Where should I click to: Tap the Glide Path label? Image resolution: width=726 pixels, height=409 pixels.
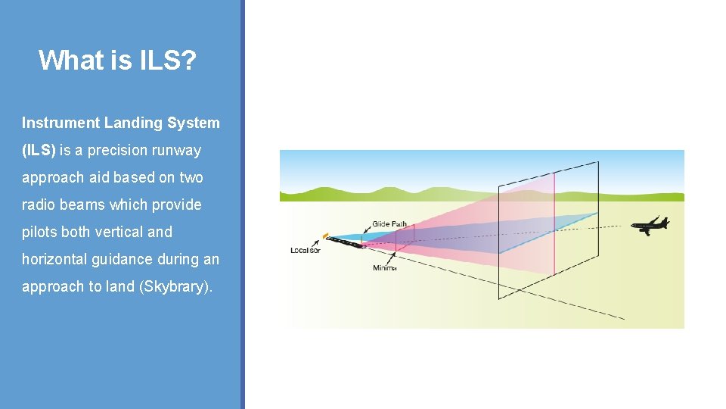tap(389, 224)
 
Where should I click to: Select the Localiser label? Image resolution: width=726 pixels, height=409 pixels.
tap(306, 251)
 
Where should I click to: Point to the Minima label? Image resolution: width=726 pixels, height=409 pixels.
tap(385, 268)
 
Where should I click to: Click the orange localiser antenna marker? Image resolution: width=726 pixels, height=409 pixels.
tap(326, 236)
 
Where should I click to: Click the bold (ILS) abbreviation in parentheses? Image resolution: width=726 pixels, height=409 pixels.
tap(39, 150)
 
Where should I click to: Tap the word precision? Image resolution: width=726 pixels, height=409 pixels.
tap(117, 150)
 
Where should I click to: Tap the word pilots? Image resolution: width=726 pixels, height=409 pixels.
tap(39, 232)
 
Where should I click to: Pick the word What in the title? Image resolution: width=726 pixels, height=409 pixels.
tap(64, 60)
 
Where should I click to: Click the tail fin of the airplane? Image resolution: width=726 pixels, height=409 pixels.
tap(665, 220)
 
